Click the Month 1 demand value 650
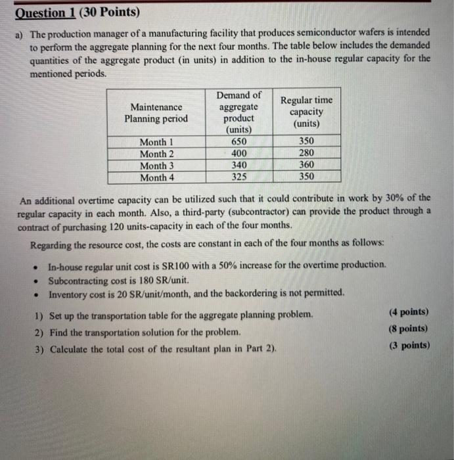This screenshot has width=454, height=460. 239,141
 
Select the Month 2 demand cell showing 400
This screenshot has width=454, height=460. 239,153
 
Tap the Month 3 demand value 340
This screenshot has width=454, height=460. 239,165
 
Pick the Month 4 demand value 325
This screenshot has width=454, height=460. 239,177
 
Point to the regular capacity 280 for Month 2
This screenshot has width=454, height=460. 306,153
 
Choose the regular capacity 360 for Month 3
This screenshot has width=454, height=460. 306,165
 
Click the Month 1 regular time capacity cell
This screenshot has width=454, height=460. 306,141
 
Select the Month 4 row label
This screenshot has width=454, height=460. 158,177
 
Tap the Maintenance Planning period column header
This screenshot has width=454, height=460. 157,112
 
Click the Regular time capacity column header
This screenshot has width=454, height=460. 306,112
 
